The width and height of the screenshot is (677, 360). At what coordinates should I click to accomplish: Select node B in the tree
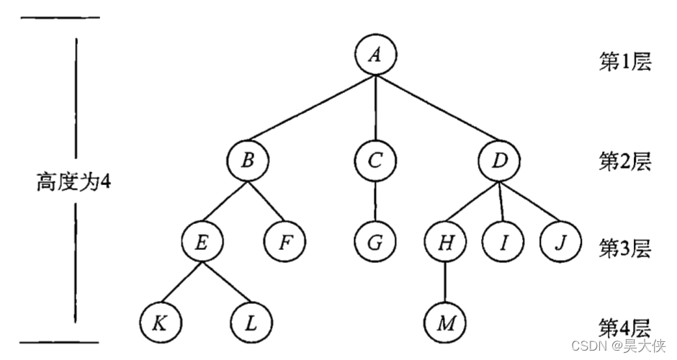pyautogui.click(x=247, y=161)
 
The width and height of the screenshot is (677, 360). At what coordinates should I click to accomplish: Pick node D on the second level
pyautogui.click(x=500, y=161)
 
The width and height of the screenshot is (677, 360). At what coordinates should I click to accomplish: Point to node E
pyautogui.click(x=202, y=242)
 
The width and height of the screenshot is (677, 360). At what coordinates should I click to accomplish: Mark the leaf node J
pyautogui.click(x=558, y=242)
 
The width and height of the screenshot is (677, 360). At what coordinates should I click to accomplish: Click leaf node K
pyautogui.click(x=160, y=323)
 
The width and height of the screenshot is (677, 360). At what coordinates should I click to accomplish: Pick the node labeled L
pyautogui.click(x=250, y=323)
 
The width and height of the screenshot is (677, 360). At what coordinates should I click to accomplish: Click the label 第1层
pyautogui.click(x=625, y=62)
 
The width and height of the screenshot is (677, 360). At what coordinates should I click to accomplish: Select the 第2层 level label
pyautogui.click(x=625, y=162)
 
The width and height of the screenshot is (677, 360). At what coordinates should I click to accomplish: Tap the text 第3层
pyautogui.click(x=625, y=248)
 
